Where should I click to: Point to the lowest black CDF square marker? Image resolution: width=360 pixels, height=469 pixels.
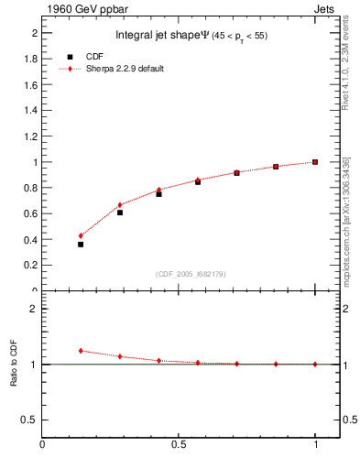click(x=81, y=245)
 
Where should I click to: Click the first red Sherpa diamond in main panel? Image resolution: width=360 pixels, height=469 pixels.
click(x=81, y=235)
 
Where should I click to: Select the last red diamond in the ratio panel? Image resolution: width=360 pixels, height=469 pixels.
click(x=314, y=364)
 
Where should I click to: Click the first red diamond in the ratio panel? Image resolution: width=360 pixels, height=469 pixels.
click(x=81, y=350)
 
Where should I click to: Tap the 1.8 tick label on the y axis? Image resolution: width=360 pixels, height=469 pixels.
click(x=31, y=59)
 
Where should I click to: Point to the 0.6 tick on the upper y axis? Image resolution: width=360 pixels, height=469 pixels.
click(x=31, y=213)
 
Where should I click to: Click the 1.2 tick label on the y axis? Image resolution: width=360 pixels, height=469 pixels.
click(x=31, y=136)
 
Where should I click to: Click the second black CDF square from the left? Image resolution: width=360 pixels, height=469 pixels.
click(x=120, y=213)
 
